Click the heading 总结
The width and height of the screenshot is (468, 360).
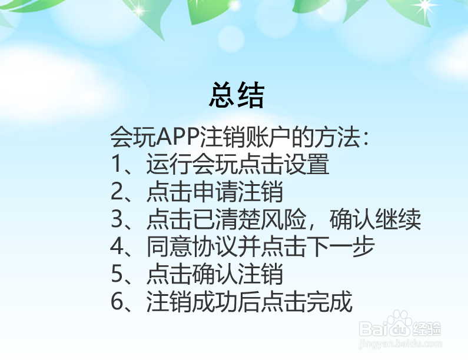(237, 95)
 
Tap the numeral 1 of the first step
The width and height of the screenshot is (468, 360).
(117, 166)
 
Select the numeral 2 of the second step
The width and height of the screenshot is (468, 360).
(117, 193)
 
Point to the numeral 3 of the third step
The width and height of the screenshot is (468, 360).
(117, 221)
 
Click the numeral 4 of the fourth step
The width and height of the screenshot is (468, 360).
(117, 248)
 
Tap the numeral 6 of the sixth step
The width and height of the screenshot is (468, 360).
(117, 302)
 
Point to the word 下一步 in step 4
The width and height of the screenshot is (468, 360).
(347, 248)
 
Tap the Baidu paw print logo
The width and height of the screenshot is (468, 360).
(403, 324)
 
